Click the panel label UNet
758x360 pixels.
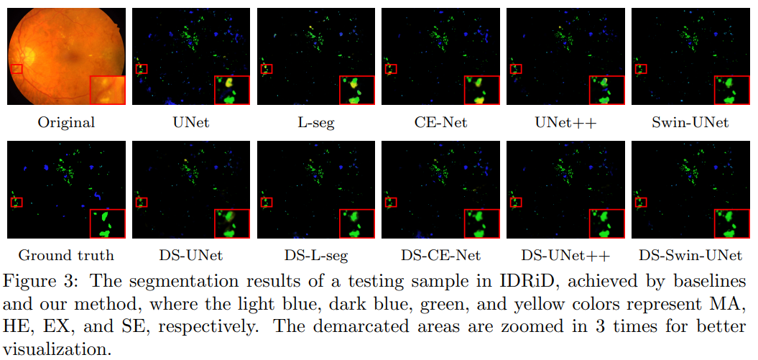point(190,122)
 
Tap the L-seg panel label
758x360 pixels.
point(315,122)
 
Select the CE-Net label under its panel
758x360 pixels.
point(440,122)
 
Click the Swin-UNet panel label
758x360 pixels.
point(690,122)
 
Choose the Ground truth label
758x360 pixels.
point(66,255)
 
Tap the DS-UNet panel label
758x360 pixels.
point(190,255)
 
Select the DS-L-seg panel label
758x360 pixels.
point(315,255)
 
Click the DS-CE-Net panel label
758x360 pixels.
point(440,255)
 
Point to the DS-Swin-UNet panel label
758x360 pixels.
point(690,255)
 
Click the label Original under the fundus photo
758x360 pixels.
point(66,122)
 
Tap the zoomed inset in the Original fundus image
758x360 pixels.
point(107,90)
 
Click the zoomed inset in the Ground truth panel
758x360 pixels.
point(107,223)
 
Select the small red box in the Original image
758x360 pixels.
point(17,69)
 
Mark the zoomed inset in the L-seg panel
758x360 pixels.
point(357,90)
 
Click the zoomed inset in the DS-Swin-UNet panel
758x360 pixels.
point(732,223)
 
